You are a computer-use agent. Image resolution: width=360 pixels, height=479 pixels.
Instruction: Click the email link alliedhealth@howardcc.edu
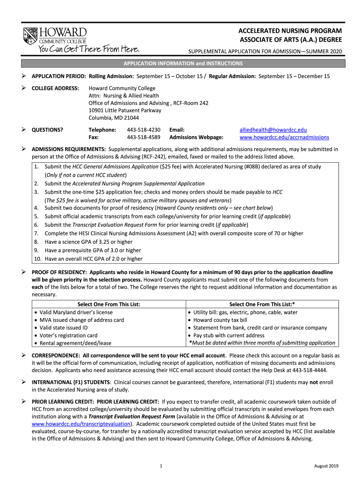pyautogui.click(x=273, y=130)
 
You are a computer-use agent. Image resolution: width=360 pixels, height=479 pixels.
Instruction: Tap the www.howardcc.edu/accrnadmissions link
pyautogui.click(x=284, y=138)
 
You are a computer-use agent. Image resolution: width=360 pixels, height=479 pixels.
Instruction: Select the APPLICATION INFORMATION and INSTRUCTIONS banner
pyautogui.click(x=183, y=63)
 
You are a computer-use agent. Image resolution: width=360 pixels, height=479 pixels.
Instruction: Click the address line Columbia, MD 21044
pyautogui.click(x=111, y=118)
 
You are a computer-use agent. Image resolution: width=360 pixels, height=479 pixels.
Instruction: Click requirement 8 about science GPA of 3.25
pyautogui.click(x=88, y=242)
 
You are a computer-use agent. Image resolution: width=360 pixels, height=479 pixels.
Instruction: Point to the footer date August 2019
pyautogui.click(x=326, y=466)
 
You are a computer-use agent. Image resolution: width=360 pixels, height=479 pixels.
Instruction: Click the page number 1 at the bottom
pyautogui.click(x=160, y=466)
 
